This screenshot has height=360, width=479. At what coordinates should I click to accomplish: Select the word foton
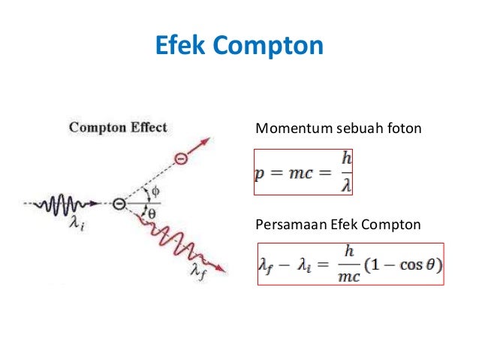point(405,130)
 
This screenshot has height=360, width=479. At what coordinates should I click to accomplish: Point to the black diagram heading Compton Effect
point(118,127)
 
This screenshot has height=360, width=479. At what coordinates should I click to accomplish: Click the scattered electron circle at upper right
point(180,159)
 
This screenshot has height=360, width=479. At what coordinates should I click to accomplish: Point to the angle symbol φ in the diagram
point(155,191)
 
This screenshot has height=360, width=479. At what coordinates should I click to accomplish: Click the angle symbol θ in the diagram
point(150,213)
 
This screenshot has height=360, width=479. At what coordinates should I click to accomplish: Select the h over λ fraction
point(345,174)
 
